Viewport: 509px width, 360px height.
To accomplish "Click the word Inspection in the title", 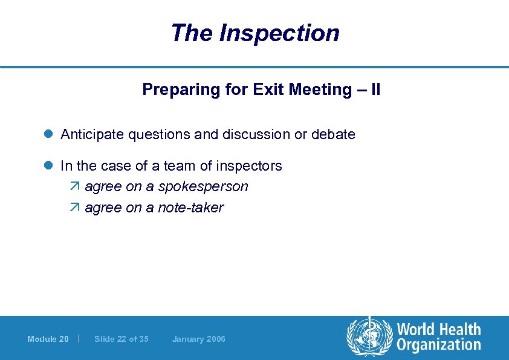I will [279, 33].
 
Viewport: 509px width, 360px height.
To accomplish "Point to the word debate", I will [333, 134].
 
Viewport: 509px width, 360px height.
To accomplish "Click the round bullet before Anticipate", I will [50, 134].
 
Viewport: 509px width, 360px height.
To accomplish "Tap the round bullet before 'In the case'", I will [50, 166].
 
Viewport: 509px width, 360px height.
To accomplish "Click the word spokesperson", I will [204, 187].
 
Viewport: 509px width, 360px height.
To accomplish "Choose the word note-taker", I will [190, 208].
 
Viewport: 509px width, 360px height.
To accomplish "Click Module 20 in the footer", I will [48, 339].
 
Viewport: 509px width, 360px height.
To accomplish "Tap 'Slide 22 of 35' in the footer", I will [122, 339].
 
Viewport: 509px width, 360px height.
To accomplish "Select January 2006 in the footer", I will [198, 339].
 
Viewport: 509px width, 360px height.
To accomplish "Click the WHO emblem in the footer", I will [369, 338].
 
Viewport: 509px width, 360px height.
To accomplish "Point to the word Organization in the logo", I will [439, 345].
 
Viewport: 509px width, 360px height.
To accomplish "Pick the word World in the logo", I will [415, 330].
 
